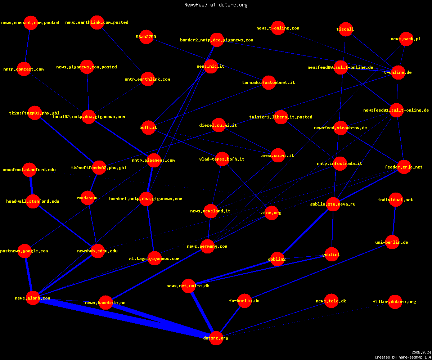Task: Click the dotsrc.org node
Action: pyautogui.click(x=216, y=338)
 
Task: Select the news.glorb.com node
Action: pyautogui.click(x=33, y=298)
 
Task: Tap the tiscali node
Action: pyautogui.click(x=345, y=29)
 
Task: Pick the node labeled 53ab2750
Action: pyautogui.click(x=146, y=37)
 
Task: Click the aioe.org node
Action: pyautogui.click(x=271, y=213)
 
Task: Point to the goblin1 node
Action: pyautogui.click(x=332, y=254)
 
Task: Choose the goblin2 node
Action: pyautogui.click(x=277, y=259)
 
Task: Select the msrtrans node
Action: pyautogui.click(x=88, y=198)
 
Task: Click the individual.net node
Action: pyautogui.click(x=396, y=200)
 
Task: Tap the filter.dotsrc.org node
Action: pyautogui.click(x=395, y=302)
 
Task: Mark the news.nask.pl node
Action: pyautogui.click(x=406, y=39)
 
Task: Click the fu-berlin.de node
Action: pyautogui.click(x=244, y=301)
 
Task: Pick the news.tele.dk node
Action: pyautogui.click(x=332, y=301)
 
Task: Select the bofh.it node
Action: pyautogui.click(x=148, y=127)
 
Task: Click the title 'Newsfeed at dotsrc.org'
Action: pyautogui.click(x=216, y=5)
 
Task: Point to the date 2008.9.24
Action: pyautogui.click(x=421, y=352)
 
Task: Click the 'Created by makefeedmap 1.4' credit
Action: pyautogui.click(x=402, y=357)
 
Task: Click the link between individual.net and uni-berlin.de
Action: pyautogui.click(x=394, y=221)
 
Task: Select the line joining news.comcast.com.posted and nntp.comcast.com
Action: pyautogui.click(x=27, y=46)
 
